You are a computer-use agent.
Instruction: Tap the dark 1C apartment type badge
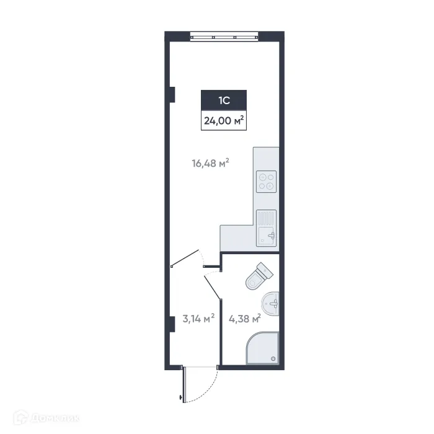coord(224,99)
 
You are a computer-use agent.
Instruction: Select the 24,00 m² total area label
coord(224,121)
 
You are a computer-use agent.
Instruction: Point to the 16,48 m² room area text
coord(210,164)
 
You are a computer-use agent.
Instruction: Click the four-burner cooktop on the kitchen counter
coord(267,180)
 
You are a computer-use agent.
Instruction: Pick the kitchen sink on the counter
coord(267,228)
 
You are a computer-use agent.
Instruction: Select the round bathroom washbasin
coord(270,303)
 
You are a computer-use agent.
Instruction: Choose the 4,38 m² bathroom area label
coord(244,319)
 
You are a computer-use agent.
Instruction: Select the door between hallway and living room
coord(185,257)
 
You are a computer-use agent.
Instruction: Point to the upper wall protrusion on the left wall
coord(173,95)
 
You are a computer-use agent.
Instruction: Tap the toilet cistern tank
coord(265,270)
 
